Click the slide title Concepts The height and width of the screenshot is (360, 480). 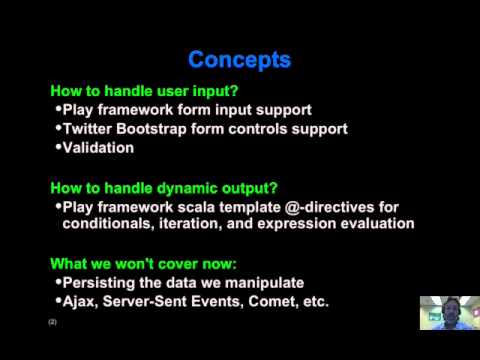click(x=239, y=60)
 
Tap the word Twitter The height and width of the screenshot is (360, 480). click(x=91, y=129)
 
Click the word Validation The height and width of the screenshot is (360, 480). click(x=98, y=148)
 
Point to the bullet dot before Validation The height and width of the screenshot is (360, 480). click(x=57, y=147)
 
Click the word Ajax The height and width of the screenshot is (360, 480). click(x=80, y=301)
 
